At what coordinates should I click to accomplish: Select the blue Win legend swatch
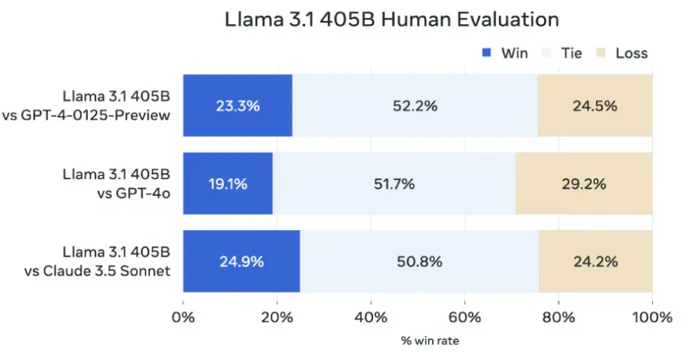[x=487, y=54]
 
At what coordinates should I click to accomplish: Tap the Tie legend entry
[x=571, y=54]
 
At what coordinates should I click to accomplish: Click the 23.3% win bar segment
[x=237, y=106]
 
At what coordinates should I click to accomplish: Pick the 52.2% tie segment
[x=414, y=106]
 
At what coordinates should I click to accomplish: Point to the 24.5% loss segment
[x=595, y=106]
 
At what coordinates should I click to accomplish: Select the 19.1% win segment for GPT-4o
[x=228, y=183]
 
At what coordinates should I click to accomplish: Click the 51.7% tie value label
[x=394, y=183]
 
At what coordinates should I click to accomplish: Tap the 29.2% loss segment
[x=584, y=183]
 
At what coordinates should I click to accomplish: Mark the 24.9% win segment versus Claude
[x=241, y=261]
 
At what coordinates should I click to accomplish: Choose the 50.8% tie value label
[x=421, y=261]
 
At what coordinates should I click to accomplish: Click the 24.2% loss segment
[x=595, y=261]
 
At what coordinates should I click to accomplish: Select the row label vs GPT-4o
[x=137, y=193]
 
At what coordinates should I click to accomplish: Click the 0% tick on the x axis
[x=183, y=317]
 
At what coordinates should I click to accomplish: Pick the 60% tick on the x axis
[x=464, y=317]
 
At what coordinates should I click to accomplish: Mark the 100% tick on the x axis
[x=651, y=317]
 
